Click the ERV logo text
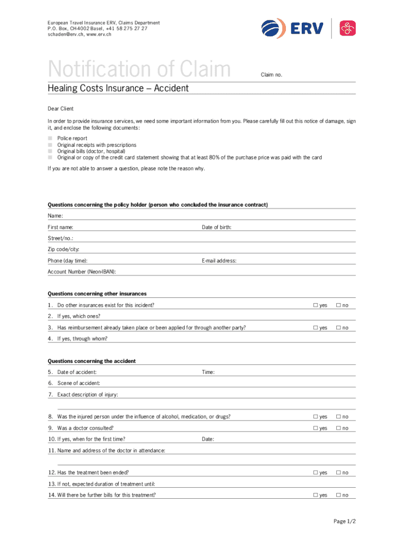306,28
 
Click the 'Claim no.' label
272,74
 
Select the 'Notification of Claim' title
139,70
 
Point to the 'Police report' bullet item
72,138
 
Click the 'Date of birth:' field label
217,227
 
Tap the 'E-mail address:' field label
219,261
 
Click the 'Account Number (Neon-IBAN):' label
82,272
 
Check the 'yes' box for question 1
316,305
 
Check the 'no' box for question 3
339,328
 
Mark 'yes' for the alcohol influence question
316,417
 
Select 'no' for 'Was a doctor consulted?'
339,428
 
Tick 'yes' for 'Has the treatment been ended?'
316,473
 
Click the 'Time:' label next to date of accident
208,372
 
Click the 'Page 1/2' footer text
345,521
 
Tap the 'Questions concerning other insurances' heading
97,294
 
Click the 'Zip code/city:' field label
67,250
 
